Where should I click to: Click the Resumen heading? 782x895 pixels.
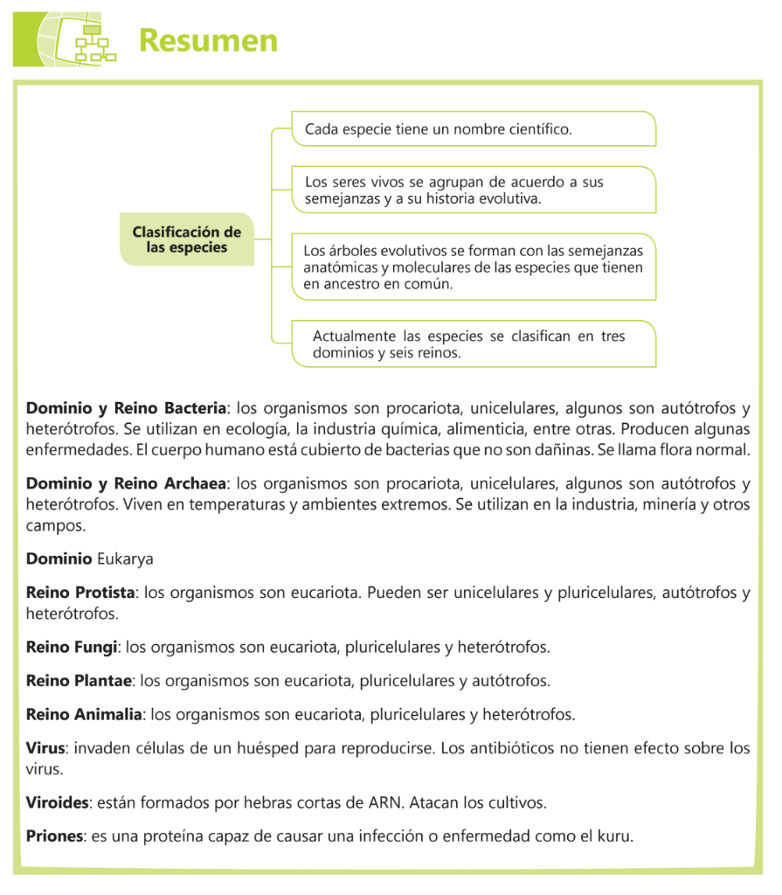click(208, 40)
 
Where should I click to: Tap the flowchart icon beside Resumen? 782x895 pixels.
click(91, 40)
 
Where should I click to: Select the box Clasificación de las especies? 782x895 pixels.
click(186, 239)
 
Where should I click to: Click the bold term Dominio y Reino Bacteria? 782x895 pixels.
click(126, 408)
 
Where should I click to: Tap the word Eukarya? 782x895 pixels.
click(125, 559)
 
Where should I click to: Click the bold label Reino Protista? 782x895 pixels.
click(80, 593)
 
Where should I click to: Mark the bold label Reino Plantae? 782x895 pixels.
click(79, 681)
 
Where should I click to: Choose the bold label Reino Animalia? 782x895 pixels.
click(84, 715)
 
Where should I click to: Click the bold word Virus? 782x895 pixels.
click(45, 749)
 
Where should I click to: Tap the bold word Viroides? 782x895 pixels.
click(57, 802)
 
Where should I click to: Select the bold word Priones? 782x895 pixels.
click(55, 836)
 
